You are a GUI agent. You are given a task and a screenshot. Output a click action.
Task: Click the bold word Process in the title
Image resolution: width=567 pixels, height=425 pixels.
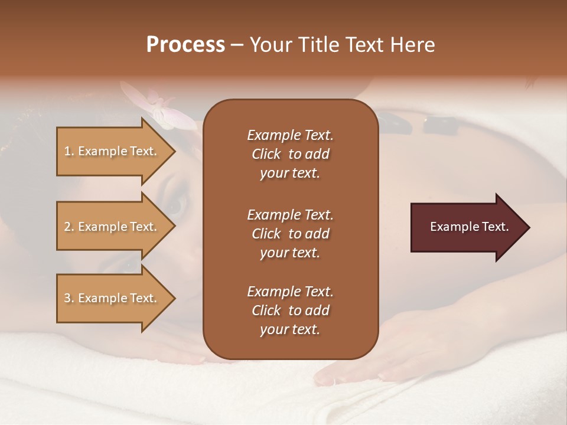click(185, 45)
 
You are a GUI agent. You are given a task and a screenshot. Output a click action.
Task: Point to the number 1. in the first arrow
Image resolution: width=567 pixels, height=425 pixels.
click(69, 151)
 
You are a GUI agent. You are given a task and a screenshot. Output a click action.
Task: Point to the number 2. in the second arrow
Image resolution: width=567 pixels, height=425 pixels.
click(69, 227)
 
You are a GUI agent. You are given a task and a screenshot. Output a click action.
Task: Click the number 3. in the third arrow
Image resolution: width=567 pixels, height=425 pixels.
click(69, 298)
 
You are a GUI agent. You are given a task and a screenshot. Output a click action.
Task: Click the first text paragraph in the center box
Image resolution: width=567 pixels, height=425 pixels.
click(290, 154)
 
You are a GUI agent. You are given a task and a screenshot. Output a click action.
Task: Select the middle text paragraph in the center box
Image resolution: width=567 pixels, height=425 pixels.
click(290, 233)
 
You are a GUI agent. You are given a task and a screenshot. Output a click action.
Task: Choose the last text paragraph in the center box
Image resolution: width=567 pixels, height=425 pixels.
click(290, 310)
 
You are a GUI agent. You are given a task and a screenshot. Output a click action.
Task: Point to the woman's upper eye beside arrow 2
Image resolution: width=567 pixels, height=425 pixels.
click(178, 204)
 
